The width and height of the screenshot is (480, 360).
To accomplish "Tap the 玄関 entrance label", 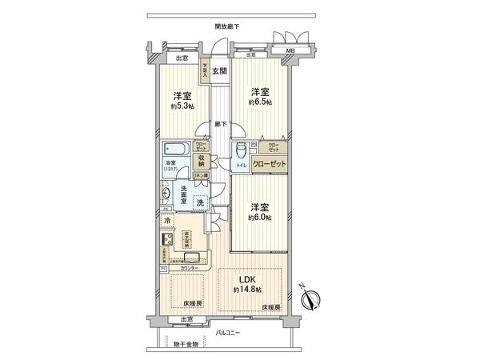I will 220,70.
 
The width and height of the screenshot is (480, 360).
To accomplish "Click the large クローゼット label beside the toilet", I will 270,163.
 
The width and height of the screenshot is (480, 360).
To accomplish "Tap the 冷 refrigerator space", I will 168,221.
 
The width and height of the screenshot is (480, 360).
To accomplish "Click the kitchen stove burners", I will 169,242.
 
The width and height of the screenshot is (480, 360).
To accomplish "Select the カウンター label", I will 200,268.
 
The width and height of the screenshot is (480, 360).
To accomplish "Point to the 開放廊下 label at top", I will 227,26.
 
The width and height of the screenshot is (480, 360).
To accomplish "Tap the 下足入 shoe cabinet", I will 205,70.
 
